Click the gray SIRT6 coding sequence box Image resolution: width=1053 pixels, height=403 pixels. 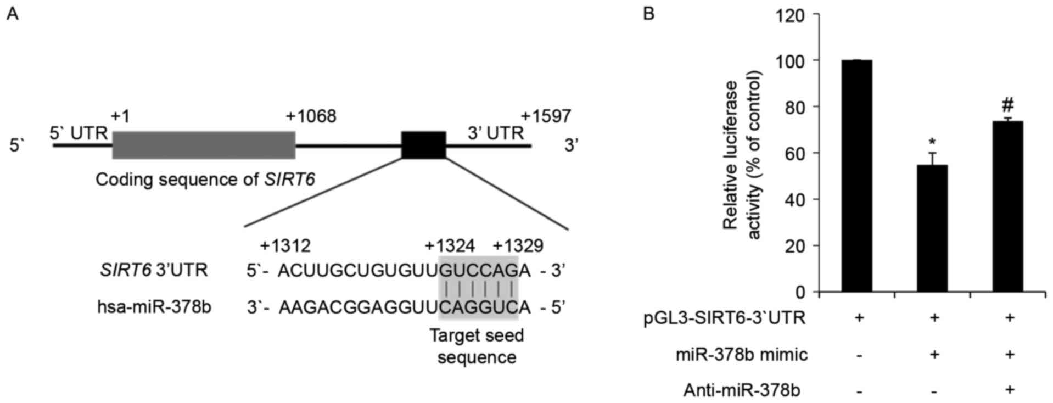click(204, 145)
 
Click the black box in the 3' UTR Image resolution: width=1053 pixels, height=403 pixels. click(423, 145)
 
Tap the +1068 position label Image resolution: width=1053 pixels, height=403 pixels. click(311, 116)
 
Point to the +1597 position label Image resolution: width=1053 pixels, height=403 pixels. click(546, 116)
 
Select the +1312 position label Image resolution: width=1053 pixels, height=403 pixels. click(285, 245)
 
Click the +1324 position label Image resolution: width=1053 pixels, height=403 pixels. click(450, 245)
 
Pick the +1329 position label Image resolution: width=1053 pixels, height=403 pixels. click(518, 245)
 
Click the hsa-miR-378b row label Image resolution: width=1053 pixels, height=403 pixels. click(154, 307)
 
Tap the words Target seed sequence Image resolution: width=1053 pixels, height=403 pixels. click(477, 346)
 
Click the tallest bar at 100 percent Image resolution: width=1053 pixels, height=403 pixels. click(856, 176)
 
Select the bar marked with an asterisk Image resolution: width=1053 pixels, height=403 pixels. click(932, 228)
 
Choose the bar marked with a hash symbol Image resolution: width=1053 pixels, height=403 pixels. click(1008, 206)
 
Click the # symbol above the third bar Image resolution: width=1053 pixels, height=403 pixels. click(1007, 104)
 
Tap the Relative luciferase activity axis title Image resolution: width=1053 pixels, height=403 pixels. click(741, 155)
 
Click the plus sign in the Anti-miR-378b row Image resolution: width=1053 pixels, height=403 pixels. click(1009, 390)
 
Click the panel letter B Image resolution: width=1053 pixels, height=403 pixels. click(648, 14)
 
